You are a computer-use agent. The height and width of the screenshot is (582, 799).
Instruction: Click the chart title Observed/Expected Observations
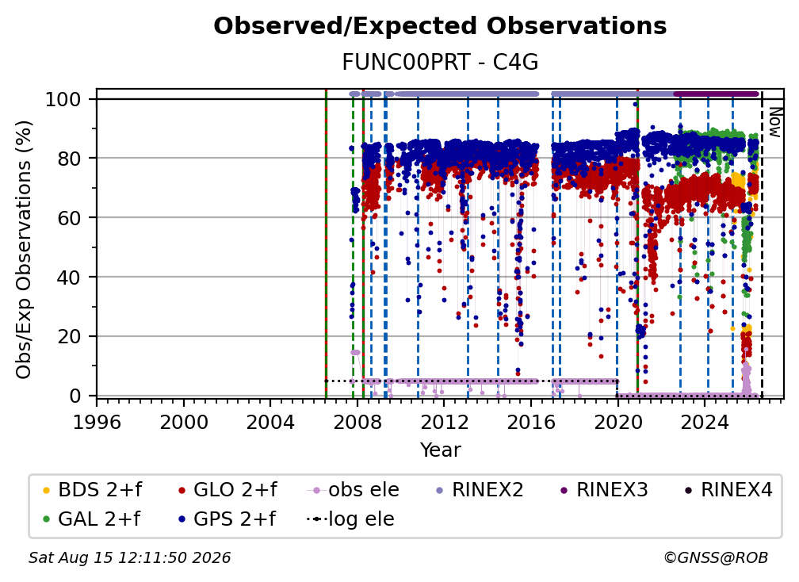click(440, 26)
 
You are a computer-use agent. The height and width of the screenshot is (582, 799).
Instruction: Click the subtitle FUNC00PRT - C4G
click(440, 63)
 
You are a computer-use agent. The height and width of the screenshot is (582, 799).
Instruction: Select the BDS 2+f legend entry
click(92, 490)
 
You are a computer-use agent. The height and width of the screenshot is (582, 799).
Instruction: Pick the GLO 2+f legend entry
click(227, 490)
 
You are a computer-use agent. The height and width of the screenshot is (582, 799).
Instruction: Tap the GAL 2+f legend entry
click(91, 519)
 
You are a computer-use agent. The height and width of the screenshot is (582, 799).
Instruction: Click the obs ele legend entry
click(354, 490)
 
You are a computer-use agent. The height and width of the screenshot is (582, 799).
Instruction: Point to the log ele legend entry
click(350, 519)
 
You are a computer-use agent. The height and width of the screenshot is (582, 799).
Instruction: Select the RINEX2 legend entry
click(480, 490)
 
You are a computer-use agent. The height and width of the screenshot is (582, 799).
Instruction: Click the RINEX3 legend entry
click(604, 490)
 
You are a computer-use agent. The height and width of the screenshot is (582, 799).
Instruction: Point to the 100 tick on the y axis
click(63, 99)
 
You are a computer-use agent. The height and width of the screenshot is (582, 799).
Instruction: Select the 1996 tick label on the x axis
click(97, 422)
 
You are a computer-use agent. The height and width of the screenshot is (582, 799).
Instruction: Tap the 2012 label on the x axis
click(444, 422)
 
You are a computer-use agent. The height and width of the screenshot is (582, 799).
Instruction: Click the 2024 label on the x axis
click(704, 422)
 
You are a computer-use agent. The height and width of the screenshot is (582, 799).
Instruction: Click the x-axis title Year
click(440, 450)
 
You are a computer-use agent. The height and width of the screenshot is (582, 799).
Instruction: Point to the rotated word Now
click(774, 122)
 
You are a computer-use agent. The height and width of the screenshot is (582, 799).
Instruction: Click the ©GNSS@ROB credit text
click(716, 557)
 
